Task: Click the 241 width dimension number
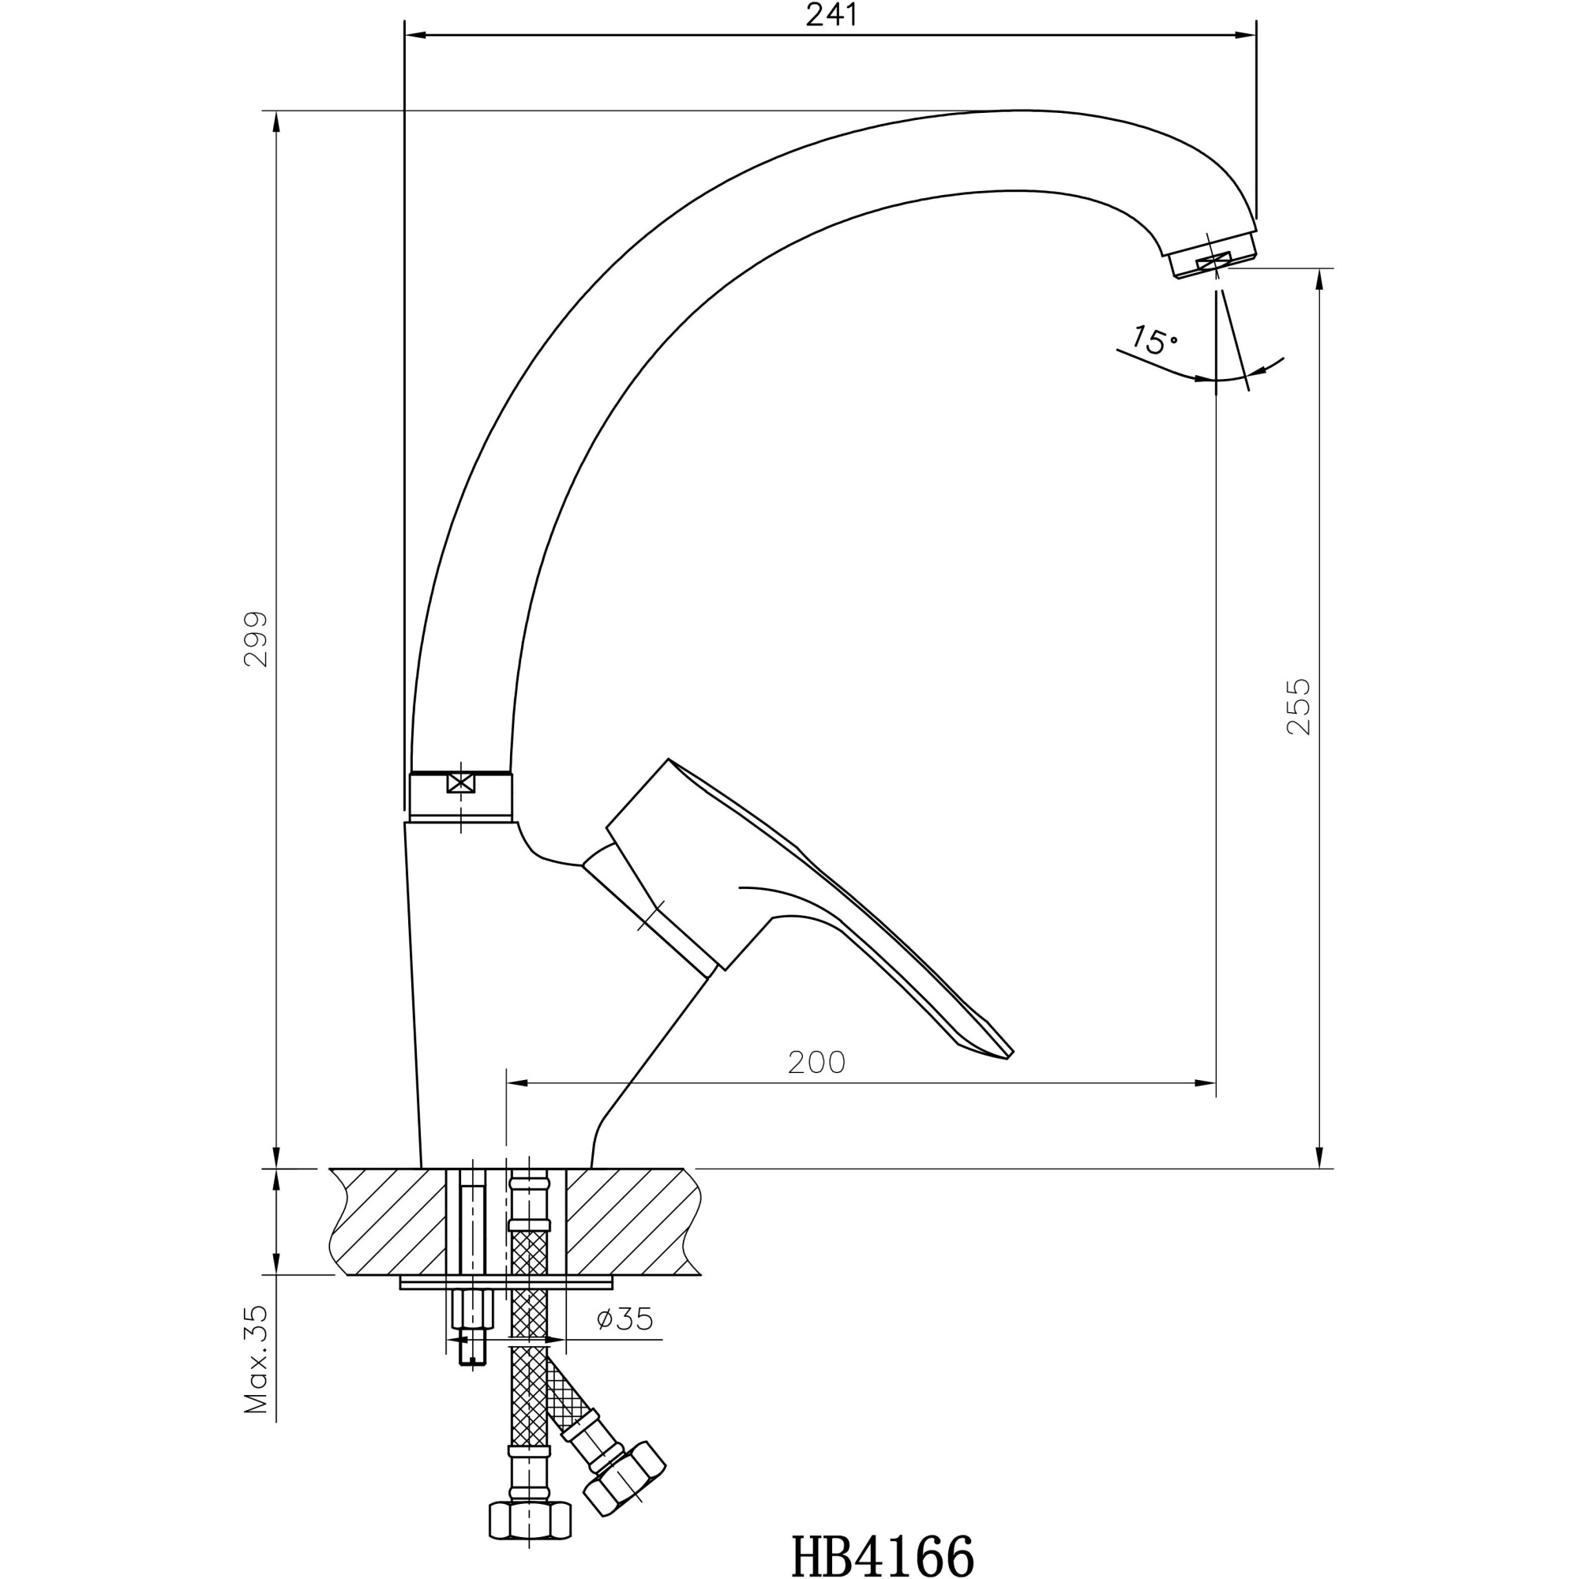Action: tap(831, 15)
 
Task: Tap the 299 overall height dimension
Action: tap(256, 638)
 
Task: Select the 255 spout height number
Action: tap(1298, 706)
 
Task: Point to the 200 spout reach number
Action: tap(816, 1063)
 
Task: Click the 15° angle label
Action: tap(1154, 340)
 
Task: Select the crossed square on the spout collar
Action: tap(461, 782)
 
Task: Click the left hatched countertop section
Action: tap(388, 1221)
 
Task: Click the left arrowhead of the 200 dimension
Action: tap(517, 1083)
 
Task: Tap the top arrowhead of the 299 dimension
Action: tap(276, 122)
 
